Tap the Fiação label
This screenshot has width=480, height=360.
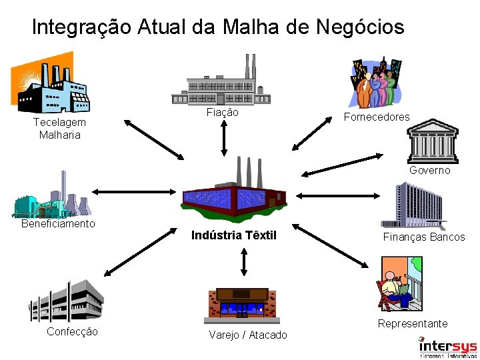(x=222, y=113)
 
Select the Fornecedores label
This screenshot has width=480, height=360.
(x=377, y=117)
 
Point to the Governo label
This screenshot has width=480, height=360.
(x=430, y=170)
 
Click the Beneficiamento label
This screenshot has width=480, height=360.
(x=58, y=223)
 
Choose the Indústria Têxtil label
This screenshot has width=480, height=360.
(x=233, y=235)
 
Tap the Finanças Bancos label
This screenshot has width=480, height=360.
(x=424, y=237)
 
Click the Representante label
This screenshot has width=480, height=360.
(x=413, y=323)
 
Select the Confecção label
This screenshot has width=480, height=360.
(x=72, y=331)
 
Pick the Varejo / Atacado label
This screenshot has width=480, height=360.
(x=248, y=335)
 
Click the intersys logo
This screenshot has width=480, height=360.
(x=447, y=347)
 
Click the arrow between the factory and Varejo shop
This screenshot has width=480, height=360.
(x=243, y=262)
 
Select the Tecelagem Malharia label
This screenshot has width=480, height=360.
(x=59, y=129)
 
